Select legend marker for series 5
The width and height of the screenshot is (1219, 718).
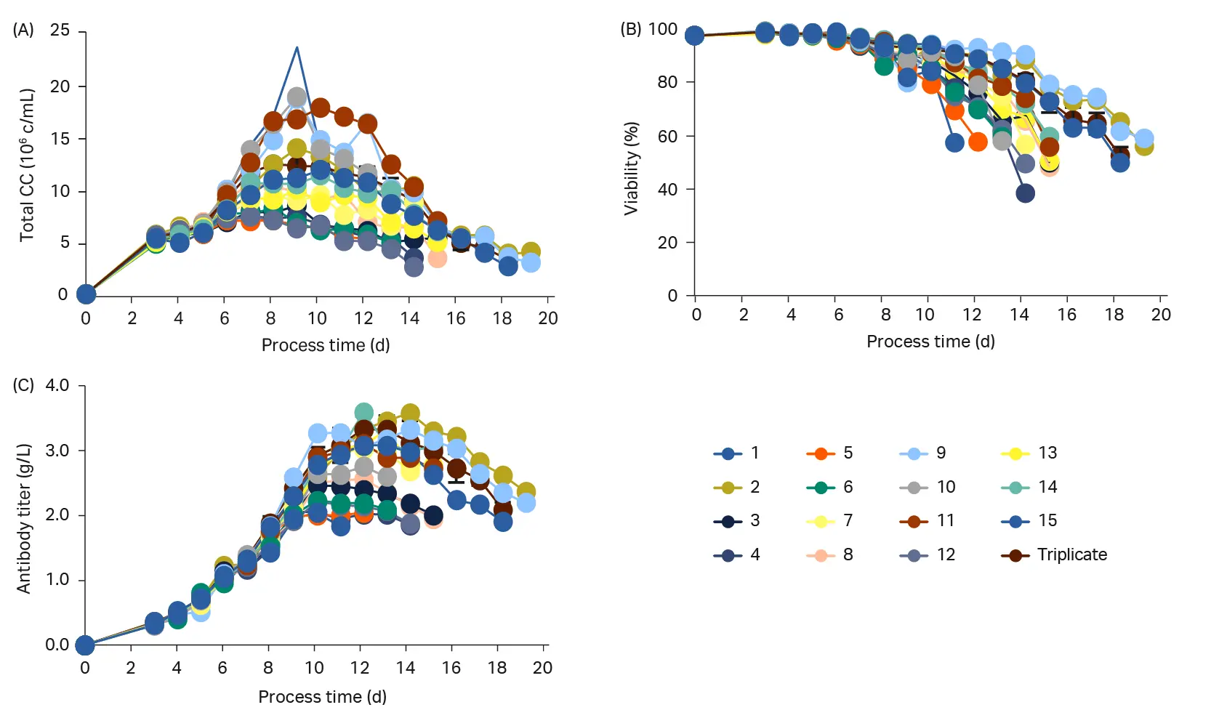(x=821, y=453)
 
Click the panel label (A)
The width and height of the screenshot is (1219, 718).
(x=23, y=30)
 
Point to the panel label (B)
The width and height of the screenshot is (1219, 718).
(x=630, y=29)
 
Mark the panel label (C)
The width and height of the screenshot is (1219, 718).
(x=23, y=385)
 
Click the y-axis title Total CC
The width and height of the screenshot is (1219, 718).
(x=27, y=165)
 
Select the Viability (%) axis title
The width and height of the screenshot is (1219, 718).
(x=631, y=168)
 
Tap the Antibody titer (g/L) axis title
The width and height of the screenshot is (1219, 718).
(x=24, y=518)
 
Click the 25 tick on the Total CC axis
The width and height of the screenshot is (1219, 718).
(x=60, y=31)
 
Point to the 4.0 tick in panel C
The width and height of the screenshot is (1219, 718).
(x=57, y=385)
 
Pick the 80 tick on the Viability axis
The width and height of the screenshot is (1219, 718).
(x=667, y=82)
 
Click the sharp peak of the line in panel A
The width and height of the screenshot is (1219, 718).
(x=297, y=48)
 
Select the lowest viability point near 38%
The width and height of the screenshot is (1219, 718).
(x=1025, y=193)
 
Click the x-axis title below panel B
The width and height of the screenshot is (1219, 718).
(x=930, y=342)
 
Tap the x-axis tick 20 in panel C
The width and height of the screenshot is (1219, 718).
(x=542, y=668)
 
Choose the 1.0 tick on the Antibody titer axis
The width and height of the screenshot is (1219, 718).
(x=57, y=580)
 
